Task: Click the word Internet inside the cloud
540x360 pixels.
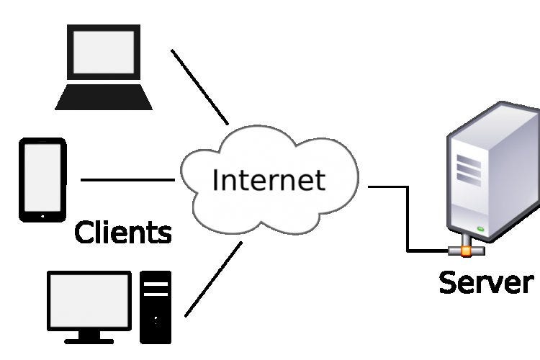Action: (268, 179)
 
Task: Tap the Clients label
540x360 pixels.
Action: (123, 233)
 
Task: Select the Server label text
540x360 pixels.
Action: (486, 282)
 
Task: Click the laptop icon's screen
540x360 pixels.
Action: (104, 54)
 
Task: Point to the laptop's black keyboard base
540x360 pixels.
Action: (104, 97)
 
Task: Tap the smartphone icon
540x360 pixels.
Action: (42, 180)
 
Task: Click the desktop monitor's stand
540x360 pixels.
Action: (89, 335)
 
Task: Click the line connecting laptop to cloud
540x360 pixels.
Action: (199, 86)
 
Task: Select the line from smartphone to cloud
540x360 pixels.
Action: (127, 180)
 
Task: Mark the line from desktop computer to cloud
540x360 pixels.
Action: (213, 279)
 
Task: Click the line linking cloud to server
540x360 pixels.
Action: (408, 216)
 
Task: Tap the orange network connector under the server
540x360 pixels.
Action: (466, 251)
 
